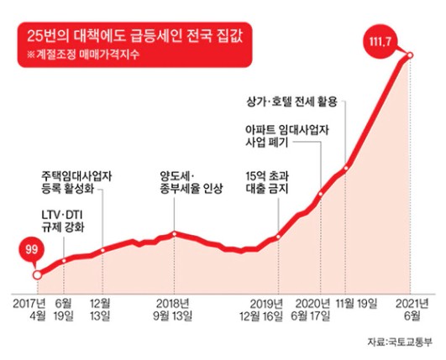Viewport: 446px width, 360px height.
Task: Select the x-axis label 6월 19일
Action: pos(64,307)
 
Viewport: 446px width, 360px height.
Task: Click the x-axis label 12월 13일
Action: pos(102,307)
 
